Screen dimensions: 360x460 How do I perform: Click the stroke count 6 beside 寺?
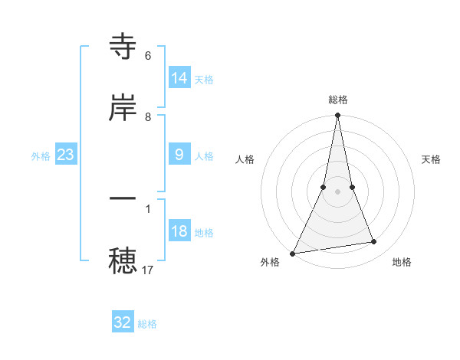[x=148, y=56]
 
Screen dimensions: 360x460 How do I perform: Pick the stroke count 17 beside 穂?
[x=148, y=270]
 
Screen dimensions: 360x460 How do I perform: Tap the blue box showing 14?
[x=179, y=78]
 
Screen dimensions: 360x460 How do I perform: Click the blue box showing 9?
[x=179, y=155]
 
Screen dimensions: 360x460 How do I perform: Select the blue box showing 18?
[x=179, y=231]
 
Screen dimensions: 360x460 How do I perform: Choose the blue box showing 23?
[x=66, y=155]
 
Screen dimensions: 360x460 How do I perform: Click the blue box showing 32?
[x=123, y=322]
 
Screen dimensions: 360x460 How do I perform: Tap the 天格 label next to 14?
[x=204, y=80]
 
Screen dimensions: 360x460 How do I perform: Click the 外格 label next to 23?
[x=41, y=156]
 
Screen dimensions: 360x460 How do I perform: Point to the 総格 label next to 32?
[x=147, y=324]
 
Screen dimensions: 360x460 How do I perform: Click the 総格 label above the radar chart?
[x=337, y=100]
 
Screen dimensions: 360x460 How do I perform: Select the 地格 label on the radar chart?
[x=402, y=262]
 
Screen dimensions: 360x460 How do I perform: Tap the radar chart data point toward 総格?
[x=337, y=116]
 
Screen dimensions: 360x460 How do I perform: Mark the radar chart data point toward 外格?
[x=293, y=253]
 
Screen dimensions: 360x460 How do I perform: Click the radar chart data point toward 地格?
[x=374, y=242]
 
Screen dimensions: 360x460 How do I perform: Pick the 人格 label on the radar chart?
[x=245, y=159]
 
